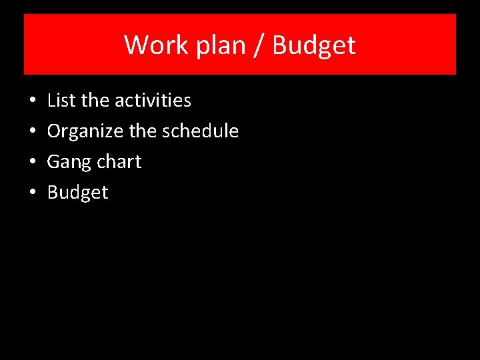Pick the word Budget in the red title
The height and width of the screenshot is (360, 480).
[314, 45]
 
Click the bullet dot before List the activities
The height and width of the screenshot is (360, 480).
[32, 101]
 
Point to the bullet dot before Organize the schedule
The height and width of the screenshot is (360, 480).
[32, 132]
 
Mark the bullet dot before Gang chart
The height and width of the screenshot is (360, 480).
[32, 163]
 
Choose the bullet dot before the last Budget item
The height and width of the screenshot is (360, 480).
[32, 193]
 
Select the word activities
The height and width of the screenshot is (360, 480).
[153, 101]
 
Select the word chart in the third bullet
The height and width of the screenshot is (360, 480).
[119, 162]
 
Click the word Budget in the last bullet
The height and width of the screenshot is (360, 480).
[77, 193]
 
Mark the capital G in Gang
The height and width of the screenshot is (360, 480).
[53, 162]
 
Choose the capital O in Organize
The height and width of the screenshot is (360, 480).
[54, 131]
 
